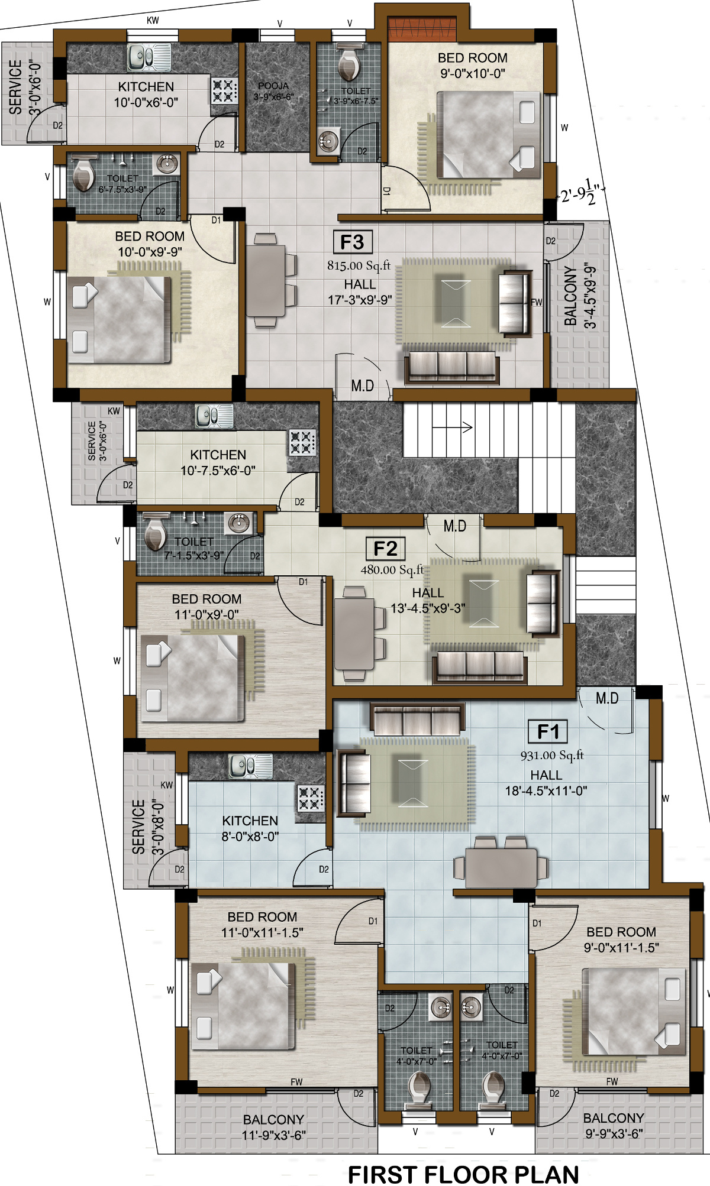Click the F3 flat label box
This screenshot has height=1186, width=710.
(353, 242)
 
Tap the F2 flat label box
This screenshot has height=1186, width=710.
(386, 549)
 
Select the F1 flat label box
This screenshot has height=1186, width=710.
(548, 731)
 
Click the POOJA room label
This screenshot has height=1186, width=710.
(273, 86)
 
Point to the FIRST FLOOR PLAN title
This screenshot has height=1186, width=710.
(463, 1174)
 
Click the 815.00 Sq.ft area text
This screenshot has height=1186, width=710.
(359, 265)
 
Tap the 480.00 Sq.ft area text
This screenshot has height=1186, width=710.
(392, 570)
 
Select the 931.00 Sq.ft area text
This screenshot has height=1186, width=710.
(552, 755)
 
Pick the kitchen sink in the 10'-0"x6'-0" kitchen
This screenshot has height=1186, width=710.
(149, 58)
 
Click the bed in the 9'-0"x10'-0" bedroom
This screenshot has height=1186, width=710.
(489, 134)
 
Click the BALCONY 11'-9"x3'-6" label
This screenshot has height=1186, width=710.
(273, 1127)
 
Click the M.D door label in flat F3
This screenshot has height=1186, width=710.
(362, 386)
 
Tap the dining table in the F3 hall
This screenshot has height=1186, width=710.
(266, 280)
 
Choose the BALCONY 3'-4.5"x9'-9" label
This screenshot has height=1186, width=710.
(580, 296)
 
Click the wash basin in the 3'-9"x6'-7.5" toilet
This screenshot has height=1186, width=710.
(328, 140)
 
